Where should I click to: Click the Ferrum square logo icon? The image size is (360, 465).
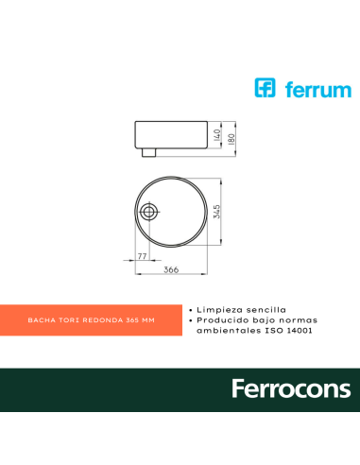266,90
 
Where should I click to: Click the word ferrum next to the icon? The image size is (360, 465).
314,91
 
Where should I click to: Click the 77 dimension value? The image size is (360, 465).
142,256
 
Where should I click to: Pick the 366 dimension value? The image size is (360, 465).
171,270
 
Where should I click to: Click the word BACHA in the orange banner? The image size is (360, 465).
42,320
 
